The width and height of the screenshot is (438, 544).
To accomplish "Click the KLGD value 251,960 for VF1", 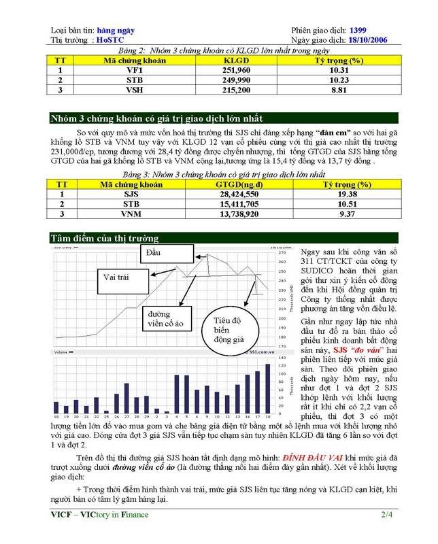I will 237,70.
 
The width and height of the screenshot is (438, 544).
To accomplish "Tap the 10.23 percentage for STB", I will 339,80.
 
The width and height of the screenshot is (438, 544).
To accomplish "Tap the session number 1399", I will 360,31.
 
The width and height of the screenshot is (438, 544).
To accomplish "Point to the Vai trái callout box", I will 117,277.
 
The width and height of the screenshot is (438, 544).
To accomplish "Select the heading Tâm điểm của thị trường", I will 105,238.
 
